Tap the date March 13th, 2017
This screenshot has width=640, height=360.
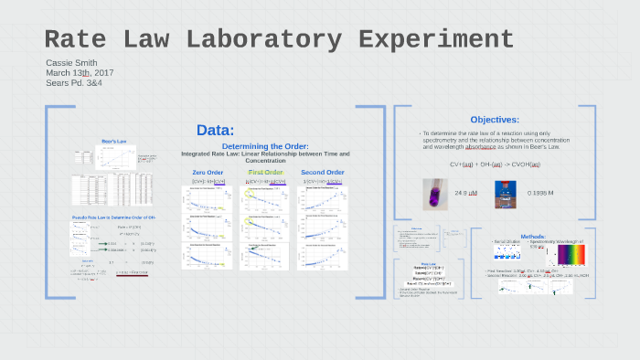click(x=80, y=72)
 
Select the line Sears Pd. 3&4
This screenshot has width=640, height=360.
click(x=76, y=82)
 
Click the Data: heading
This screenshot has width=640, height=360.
click(x=215, y=131)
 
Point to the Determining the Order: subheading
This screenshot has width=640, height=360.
click(x=265, y=146)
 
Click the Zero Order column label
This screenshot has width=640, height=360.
click(x=208, y=172)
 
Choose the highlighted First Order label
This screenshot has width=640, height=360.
click(x=266, y=172)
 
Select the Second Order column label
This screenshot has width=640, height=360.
click(x=323, y=172)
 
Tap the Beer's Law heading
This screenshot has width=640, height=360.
click(x=113, y=142)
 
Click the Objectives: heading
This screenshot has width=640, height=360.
click(x=495, y=120)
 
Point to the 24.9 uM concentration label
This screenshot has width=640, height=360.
click(x=467, y=194)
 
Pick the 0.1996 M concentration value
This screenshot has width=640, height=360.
click(x=541, y=194)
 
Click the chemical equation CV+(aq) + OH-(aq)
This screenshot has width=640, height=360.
click(x=495, y=164)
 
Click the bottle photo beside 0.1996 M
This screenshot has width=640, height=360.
click(x=501, y=193)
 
